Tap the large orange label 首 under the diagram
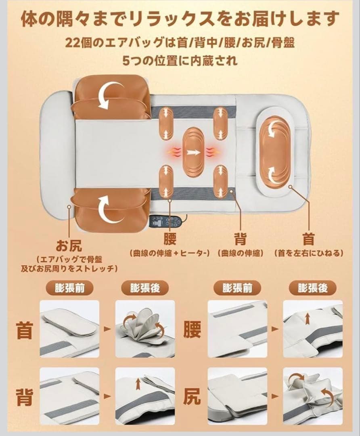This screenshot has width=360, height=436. coord(308,239)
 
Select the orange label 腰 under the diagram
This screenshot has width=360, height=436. coord(170,239)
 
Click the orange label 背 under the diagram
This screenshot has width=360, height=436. coord(241,239)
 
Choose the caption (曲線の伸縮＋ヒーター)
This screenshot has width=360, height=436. coord(170,254)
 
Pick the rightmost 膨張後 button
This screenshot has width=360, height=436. coord(312,289)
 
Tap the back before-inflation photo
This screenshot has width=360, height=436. coord(69,396)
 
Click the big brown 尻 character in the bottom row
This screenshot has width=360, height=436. coord(192,396)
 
